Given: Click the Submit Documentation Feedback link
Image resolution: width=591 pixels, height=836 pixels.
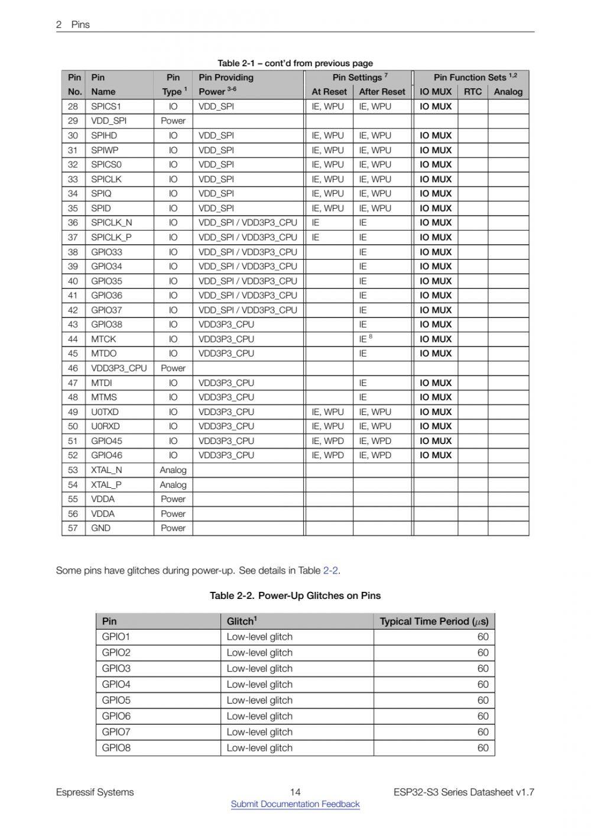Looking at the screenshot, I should coord(295,804).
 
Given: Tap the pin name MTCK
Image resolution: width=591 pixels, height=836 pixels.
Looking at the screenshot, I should coord(103,339).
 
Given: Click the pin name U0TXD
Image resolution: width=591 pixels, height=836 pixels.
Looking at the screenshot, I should coord(105,412).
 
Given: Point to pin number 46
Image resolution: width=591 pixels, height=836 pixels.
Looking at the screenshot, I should coord(73,368).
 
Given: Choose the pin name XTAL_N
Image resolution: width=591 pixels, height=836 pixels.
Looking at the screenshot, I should coord(106,470).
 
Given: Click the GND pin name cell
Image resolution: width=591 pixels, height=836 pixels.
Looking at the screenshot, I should coord(100,528).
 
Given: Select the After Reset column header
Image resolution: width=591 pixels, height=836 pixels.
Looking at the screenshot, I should coord(382,92).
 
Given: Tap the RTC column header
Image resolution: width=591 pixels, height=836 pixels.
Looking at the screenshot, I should coord(473,92).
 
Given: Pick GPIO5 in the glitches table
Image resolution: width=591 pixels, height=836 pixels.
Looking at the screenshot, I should coord(116,700).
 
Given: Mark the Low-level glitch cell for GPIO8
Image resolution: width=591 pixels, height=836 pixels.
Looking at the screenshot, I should coord(259,748).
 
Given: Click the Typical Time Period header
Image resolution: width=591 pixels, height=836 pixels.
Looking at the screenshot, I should coord(434,621).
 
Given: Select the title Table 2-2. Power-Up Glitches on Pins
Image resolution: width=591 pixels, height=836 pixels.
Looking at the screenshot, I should coord(295,595).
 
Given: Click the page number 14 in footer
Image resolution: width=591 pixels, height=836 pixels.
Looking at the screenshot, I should coord(295,792).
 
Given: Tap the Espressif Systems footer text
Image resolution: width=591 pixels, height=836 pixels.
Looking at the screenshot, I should coord(95,792).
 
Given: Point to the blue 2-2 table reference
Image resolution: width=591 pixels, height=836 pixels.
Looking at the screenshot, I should coord(330,571).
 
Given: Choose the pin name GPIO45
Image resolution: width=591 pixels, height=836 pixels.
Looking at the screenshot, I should coord(106,441).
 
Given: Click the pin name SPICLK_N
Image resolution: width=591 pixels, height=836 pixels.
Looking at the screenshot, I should coord(111,223).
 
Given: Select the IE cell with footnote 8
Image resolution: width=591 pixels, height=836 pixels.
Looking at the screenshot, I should coord(365,339).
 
